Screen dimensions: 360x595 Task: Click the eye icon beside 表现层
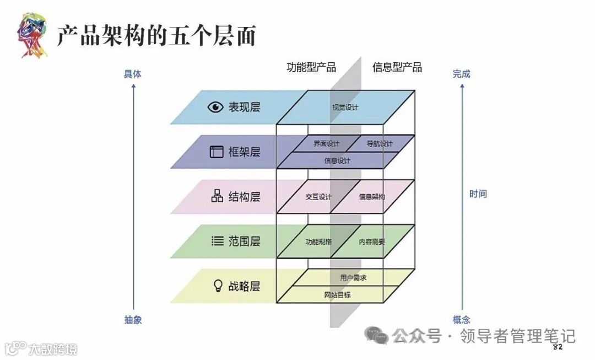coord(215,107)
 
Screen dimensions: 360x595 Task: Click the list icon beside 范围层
coord(217,241)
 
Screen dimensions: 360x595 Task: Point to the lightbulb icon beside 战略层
coord(218,286)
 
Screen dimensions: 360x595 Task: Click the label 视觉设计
coord(345,108)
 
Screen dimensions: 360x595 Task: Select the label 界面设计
coord(327,144)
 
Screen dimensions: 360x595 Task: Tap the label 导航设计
coord(380,144)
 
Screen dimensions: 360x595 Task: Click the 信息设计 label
coord(337,160)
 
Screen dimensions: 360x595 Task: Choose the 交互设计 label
coord(318,197)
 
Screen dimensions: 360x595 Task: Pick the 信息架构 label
coord(372,197)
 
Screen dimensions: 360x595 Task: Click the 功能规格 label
coord(318,241)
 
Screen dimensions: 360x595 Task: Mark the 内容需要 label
coord(372,241)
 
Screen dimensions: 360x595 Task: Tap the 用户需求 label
coord(353,278)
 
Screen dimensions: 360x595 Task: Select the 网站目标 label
coord(337,294)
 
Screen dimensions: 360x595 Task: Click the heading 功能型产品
coord(311,67)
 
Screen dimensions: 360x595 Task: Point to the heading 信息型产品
coord(397,67)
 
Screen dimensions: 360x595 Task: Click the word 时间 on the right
coord(478,194)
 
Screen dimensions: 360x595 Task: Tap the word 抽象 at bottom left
coord(133,320)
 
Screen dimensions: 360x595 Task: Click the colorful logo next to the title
coord(32,35)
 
